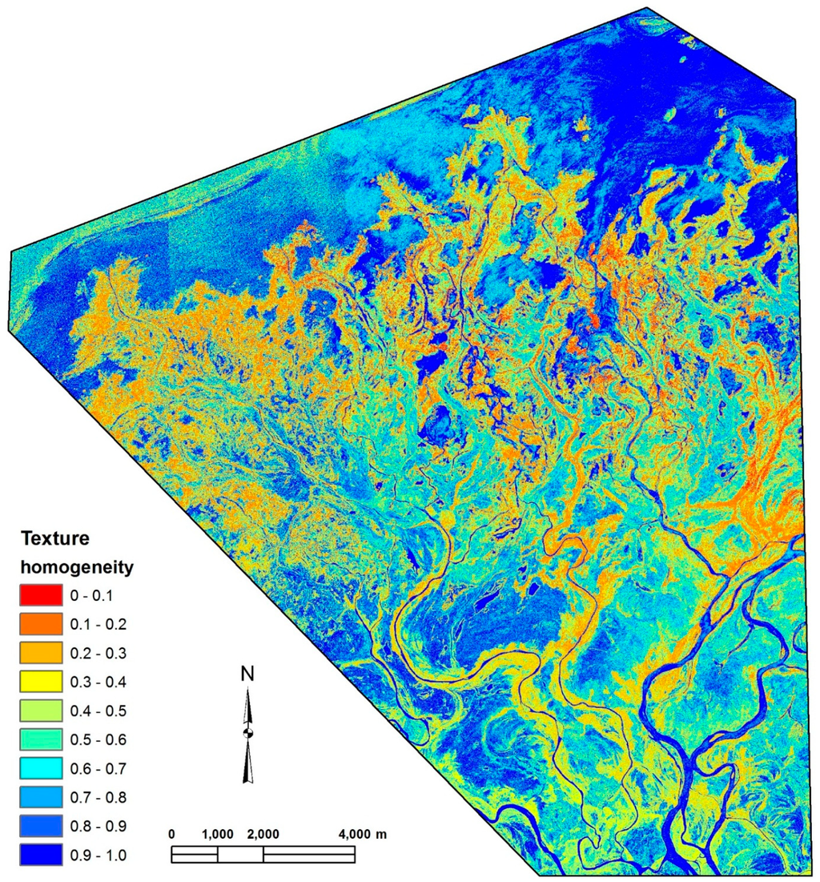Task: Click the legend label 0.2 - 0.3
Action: pos(98,653)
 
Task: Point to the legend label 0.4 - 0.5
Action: pos(98,711)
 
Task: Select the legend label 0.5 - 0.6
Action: pos(98,739)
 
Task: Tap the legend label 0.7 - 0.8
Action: pos(98,798)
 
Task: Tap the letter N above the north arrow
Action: pos(249,675)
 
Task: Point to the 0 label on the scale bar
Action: pos(172,834)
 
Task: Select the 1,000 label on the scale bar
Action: pos(217,834)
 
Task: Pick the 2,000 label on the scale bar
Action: pos(263,834)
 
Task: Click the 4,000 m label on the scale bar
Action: pos(360,834)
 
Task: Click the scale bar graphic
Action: pos(264,855)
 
